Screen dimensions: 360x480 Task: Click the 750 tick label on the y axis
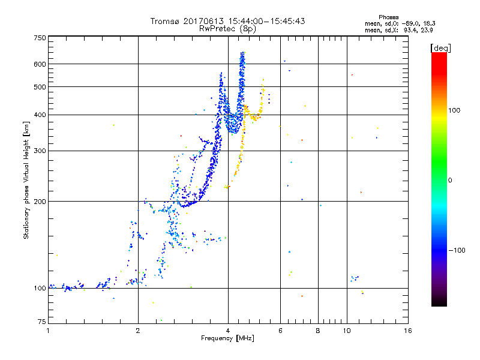point(40,38)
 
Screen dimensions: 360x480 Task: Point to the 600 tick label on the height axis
point(40,64)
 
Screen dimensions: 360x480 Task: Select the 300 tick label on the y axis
point(40,151)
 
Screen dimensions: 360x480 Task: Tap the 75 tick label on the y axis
point(41,323)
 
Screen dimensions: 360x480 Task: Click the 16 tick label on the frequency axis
point(408,331)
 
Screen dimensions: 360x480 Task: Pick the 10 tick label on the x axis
point(346,331)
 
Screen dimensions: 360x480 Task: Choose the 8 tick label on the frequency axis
point(318,331)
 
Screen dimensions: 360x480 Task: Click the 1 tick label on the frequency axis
point(48,331)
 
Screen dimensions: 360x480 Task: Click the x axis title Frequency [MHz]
point(228,338)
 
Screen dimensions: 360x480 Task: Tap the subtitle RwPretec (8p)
point(228,28)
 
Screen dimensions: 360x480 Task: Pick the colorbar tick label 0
point(450,180)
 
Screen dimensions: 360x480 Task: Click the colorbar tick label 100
point(454,110)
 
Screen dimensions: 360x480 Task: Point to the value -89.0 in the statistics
point(408,23)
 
